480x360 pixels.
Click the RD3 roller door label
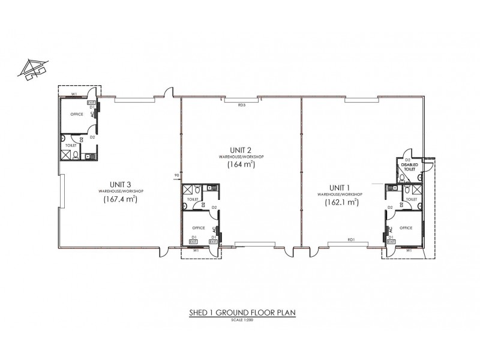[x=242, y=105]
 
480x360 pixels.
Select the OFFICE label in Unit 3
[x=76, y=113]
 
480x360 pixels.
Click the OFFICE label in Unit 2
[x=199, y=227]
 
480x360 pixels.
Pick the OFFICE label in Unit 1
[x=406, y=227]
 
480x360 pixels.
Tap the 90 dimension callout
[x=176, y=176]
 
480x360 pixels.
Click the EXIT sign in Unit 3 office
[x=92, y=103]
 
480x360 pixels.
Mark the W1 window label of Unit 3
[x=74, y=94]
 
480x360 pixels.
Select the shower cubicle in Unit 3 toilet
[x=65, y=154]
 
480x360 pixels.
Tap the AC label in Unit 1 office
[x=391, y=230]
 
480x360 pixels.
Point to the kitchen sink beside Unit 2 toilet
[x=211, y=188]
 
